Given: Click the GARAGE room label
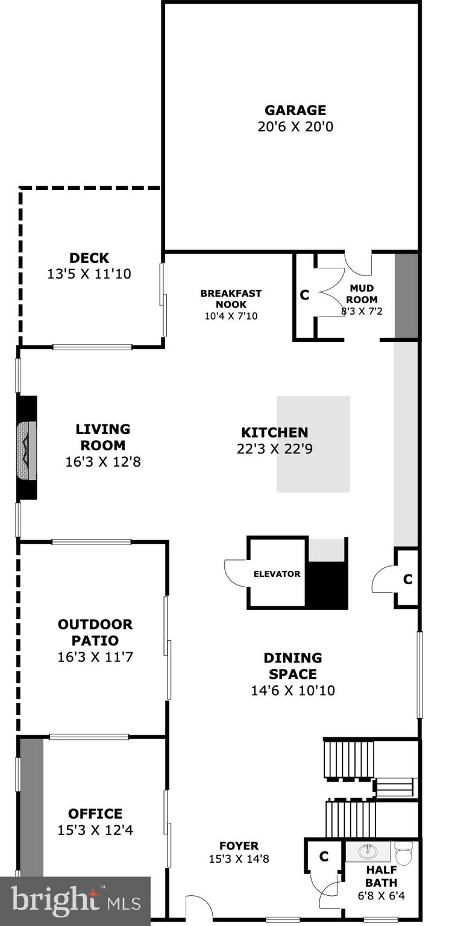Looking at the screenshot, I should pos(295,110).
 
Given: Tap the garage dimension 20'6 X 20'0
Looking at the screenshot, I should pos(295,127).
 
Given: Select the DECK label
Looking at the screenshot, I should pos(89,258).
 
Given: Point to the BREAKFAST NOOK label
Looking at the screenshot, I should pos(231,298).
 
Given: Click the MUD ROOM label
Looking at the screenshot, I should pos(363,294).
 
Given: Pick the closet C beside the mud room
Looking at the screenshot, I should pos(304,295).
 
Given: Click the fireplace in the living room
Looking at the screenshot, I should pos(27,447).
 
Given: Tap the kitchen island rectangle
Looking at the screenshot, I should pos(313,444).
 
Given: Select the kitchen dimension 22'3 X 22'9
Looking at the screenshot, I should pos(274,449).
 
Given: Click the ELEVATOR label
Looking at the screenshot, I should pos(277,574).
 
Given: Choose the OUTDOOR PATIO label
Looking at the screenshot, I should pos(95,632).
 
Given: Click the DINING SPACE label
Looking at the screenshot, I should pos(292,666).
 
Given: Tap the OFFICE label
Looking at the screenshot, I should pos(95,814).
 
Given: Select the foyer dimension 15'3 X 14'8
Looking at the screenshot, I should pos(239,859).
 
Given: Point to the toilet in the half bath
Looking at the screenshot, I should pos(404,852).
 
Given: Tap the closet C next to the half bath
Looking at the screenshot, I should pos(324,857).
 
